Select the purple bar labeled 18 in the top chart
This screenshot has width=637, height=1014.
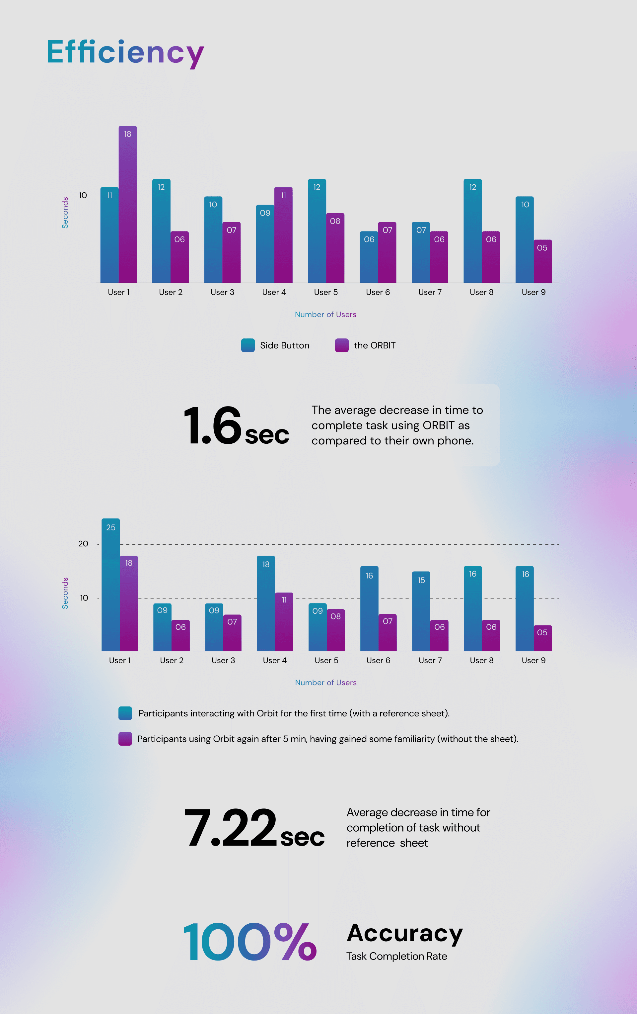coord(127,204)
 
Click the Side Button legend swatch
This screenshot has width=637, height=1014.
coord(248,345)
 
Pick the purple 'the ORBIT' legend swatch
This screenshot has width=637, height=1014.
coord(342,345)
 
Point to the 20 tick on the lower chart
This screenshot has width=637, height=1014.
coord(83,544)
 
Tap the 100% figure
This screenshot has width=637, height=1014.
coord(250,942)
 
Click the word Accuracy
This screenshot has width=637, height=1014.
coord(404,933)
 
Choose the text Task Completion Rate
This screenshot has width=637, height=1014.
coord(396,956)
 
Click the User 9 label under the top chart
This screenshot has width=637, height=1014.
coord(533,292)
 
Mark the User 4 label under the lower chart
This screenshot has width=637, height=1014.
coord(275,660)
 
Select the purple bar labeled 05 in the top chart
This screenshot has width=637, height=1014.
coord(543,261)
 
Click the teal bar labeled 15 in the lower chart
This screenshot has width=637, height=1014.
coord(421,611)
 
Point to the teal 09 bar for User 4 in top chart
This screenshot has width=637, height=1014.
coord(265,244)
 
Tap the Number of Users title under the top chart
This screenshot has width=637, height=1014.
coord(326,315)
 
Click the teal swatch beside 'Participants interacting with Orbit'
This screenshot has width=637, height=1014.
coord(125,713)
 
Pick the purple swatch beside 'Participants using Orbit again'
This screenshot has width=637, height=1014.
coord(125,739)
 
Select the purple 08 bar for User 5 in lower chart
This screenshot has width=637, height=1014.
coord(336,630)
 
